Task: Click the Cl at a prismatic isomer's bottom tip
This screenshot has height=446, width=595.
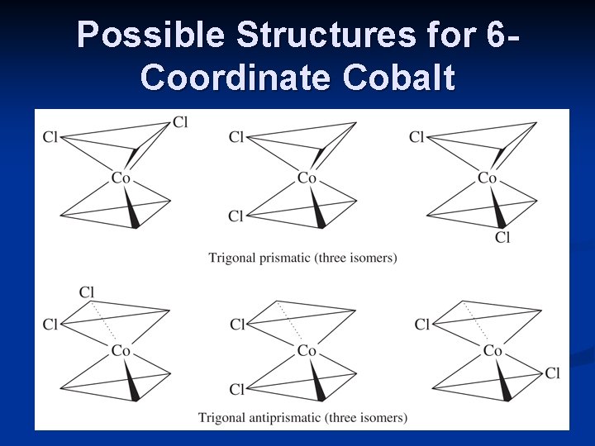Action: (502, 238)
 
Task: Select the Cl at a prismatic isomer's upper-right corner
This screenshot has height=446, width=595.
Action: (180, 122)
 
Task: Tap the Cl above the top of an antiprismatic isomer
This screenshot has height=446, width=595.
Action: (88, 292)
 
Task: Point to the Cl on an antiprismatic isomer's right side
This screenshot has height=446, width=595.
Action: (552, 373)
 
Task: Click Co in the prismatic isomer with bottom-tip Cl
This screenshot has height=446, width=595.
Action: (487, 178)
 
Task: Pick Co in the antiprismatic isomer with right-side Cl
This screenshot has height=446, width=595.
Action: (493, 351)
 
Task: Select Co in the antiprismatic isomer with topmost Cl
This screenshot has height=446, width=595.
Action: (121, 351)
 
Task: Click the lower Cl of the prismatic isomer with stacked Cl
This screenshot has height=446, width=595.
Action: (236, 216)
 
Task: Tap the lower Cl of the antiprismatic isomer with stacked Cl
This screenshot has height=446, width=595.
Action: (237, 389)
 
